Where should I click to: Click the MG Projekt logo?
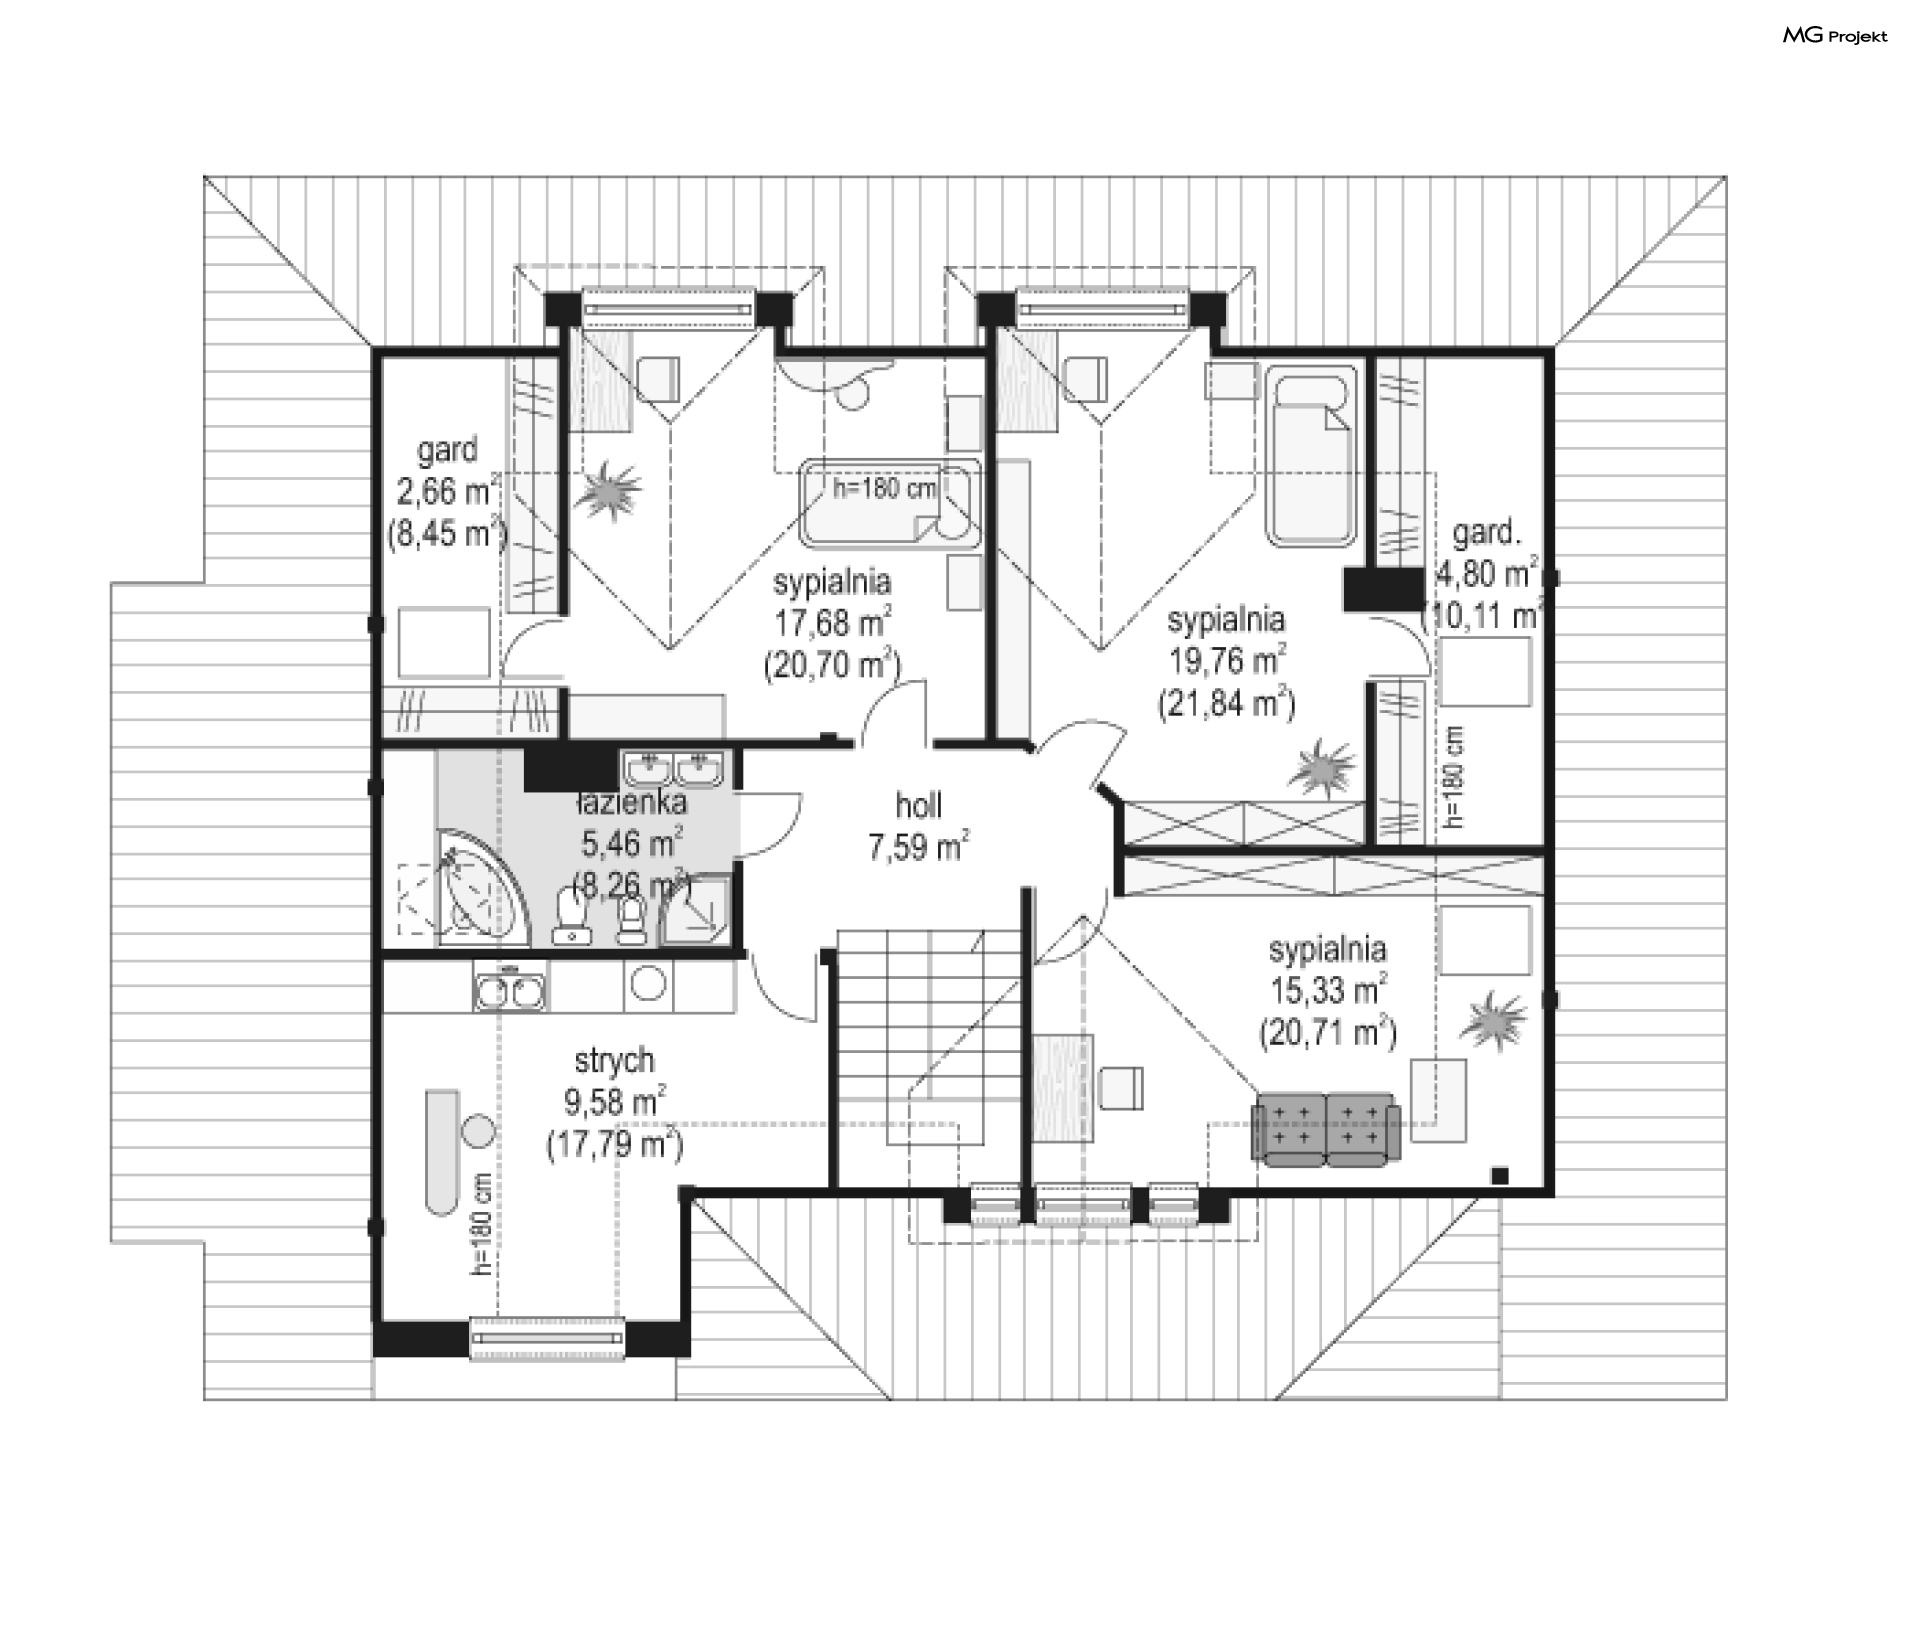pos(1836,36)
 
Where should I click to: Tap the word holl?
pos(918,805)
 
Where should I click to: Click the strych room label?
pos(614,1060)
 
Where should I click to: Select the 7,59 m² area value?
pos(918,847)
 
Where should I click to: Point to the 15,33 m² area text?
pos(1328,990)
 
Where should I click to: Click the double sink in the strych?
pos(511,990)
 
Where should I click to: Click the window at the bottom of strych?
pos(547,1338)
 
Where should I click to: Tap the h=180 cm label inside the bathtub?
pos(885,488)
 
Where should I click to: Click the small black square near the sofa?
pos(1499,1176)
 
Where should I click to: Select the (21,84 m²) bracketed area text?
pos(1227,704)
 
